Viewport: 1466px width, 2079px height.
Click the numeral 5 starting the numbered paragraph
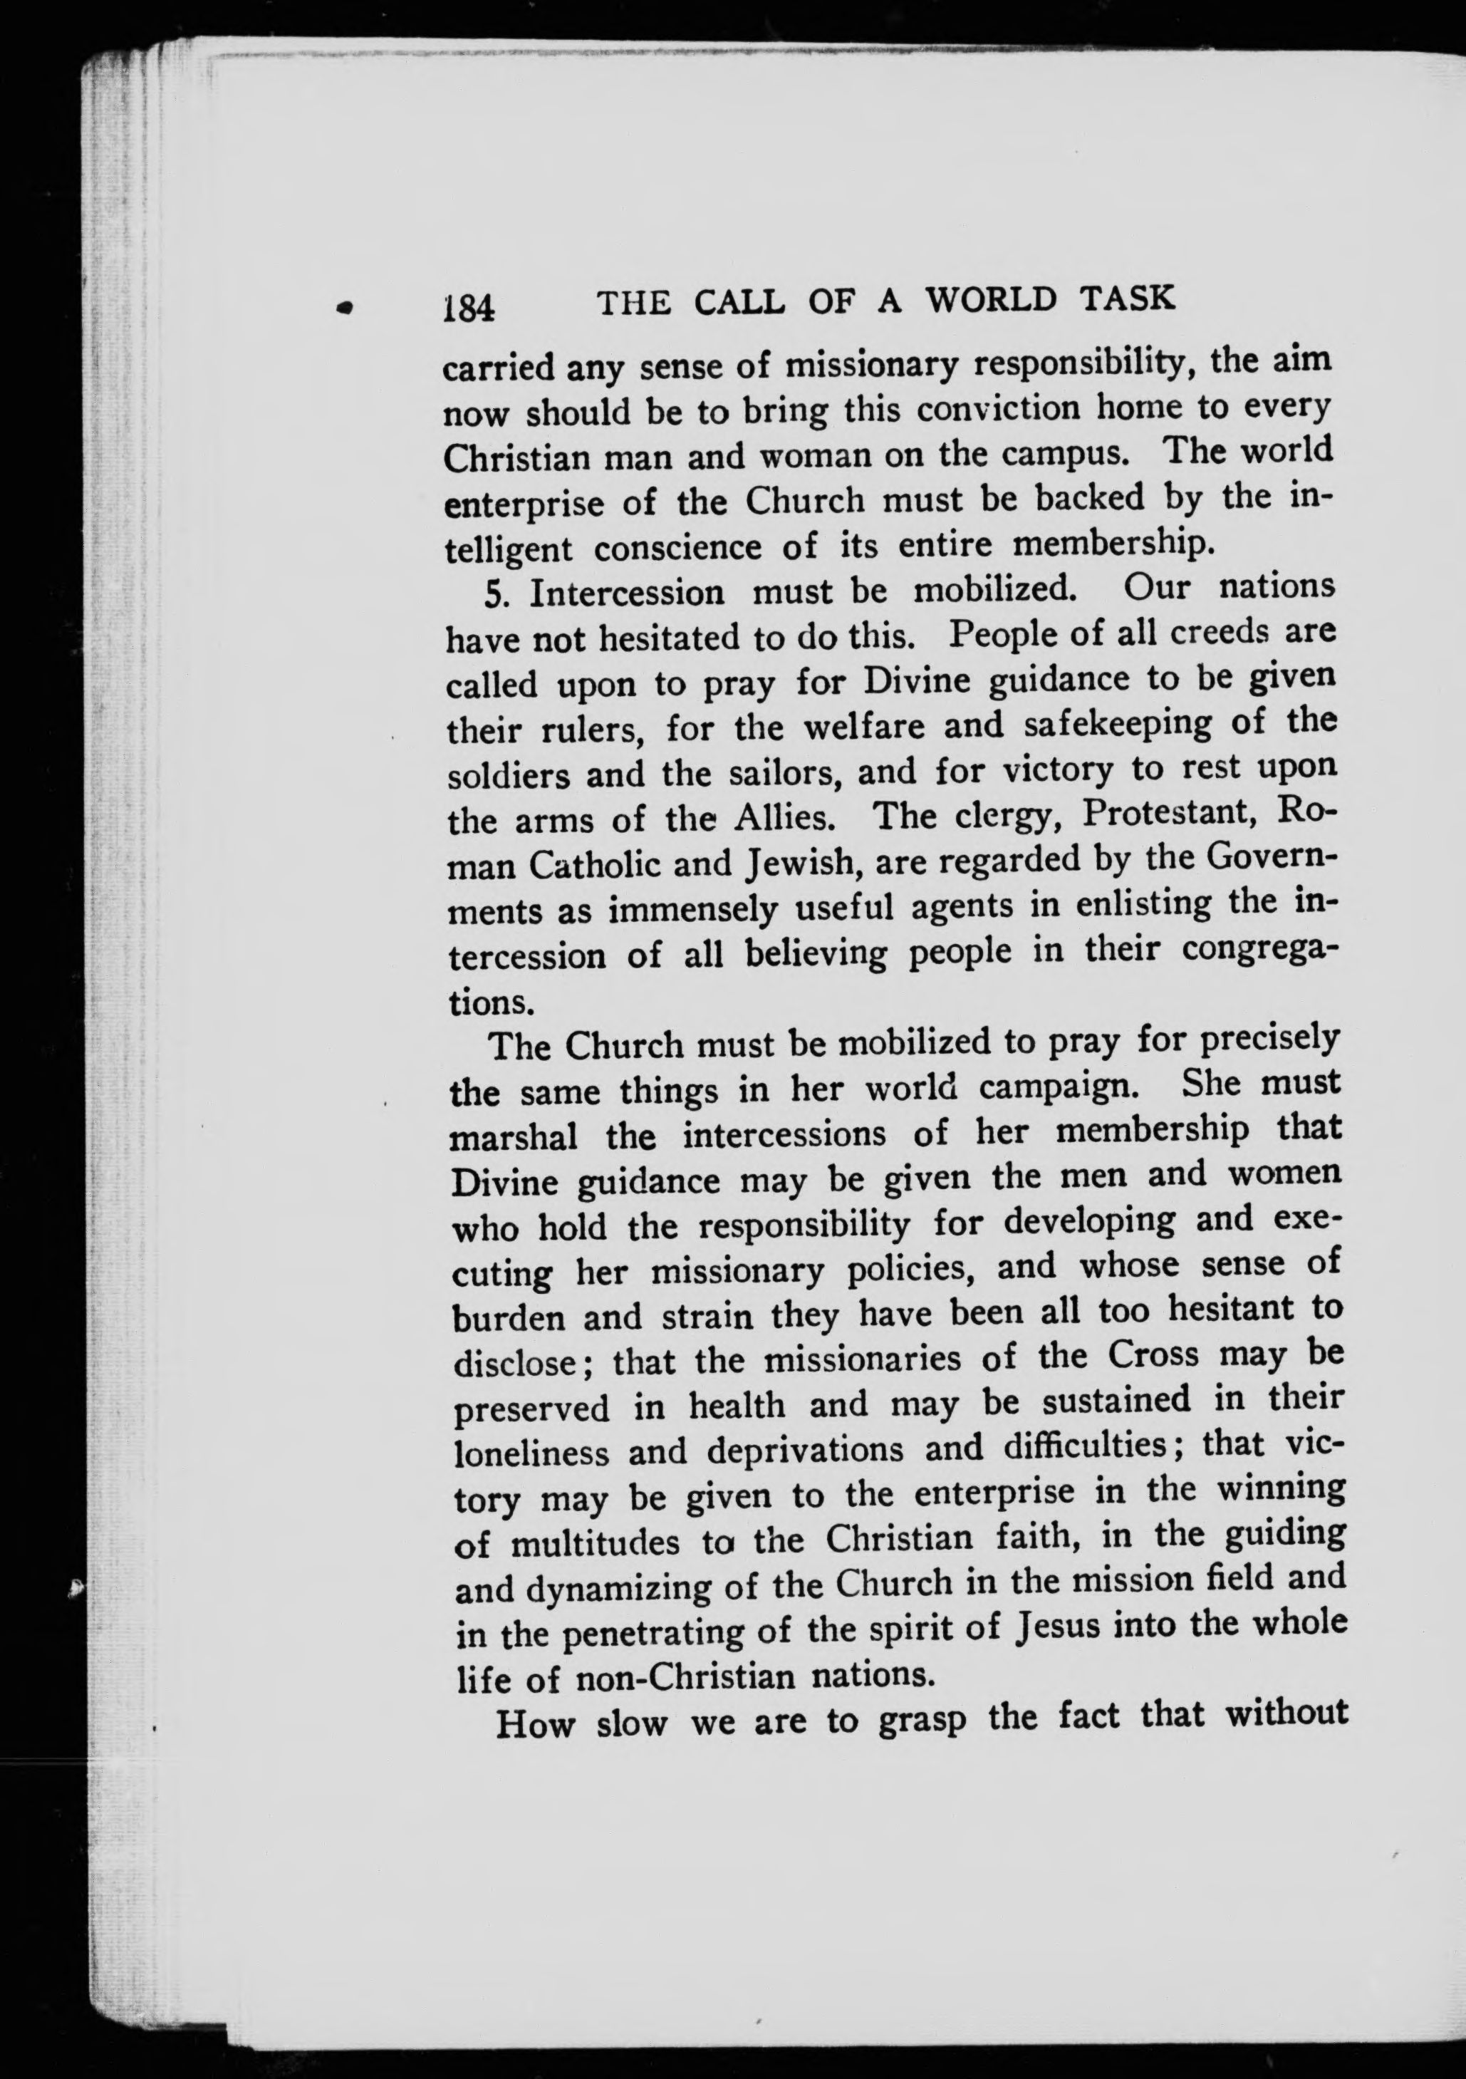coord(494,594)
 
